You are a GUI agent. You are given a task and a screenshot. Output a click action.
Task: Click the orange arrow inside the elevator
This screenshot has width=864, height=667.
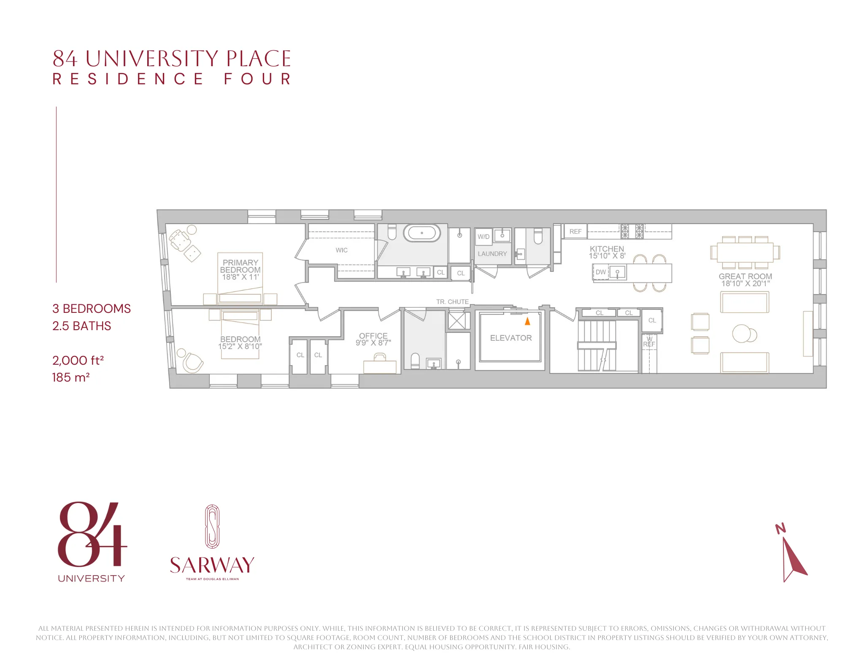[527, 321]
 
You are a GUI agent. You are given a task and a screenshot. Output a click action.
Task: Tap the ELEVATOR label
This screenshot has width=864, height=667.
[510, 338]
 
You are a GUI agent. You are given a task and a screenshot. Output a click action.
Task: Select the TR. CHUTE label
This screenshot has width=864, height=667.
[452, 302]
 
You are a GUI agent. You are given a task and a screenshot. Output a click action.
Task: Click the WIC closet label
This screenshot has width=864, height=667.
[341, 250]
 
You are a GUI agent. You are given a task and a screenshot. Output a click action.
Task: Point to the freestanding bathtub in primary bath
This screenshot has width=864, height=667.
[421, 233]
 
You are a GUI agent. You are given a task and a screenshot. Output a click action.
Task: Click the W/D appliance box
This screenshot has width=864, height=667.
[483, 237]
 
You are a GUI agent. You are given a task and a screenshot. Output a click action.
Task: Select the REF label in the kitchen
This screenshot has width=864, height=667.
[575, 231]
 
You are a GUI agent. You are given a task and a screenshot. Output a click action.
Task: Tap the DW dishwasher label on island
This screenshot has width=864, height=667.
[600, 272]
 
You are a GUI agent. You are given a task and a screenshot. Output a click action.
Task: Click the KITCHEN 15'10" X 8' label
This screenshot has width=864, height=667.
[607, 252]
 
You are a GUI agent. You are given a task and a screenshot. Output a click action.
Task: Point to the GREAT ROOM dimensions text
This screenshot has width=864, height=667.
[745, 284]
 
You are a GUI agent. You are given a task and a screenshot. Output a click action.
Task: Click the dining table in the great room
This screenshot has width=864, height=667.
[745, 253]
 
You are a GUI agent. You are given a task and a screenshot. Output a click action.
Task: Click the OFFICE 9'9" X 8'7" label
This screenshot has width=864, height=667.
[373, 339]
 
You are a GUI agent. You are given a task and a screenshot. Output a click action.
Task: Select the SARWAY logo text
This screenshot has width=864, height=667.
[212, 565]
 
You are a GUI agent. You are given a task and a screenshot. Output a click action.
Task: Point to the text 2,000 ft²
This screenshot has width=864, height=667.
[78, 360]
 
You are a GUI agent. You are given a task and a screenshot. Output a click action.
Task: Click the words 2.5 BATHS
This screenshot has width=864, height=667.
[81, 326]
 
